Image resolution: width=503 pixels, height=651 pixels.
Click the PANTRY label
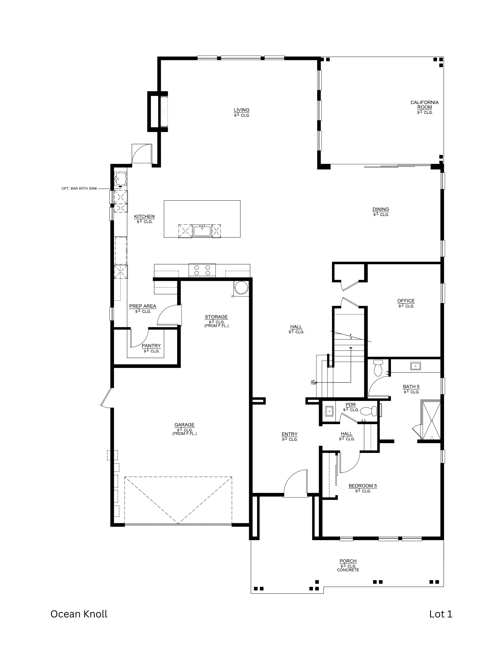tap(151, 346)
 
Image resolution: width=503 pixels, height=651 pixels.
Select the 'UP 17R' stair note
tap(313, 382)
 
